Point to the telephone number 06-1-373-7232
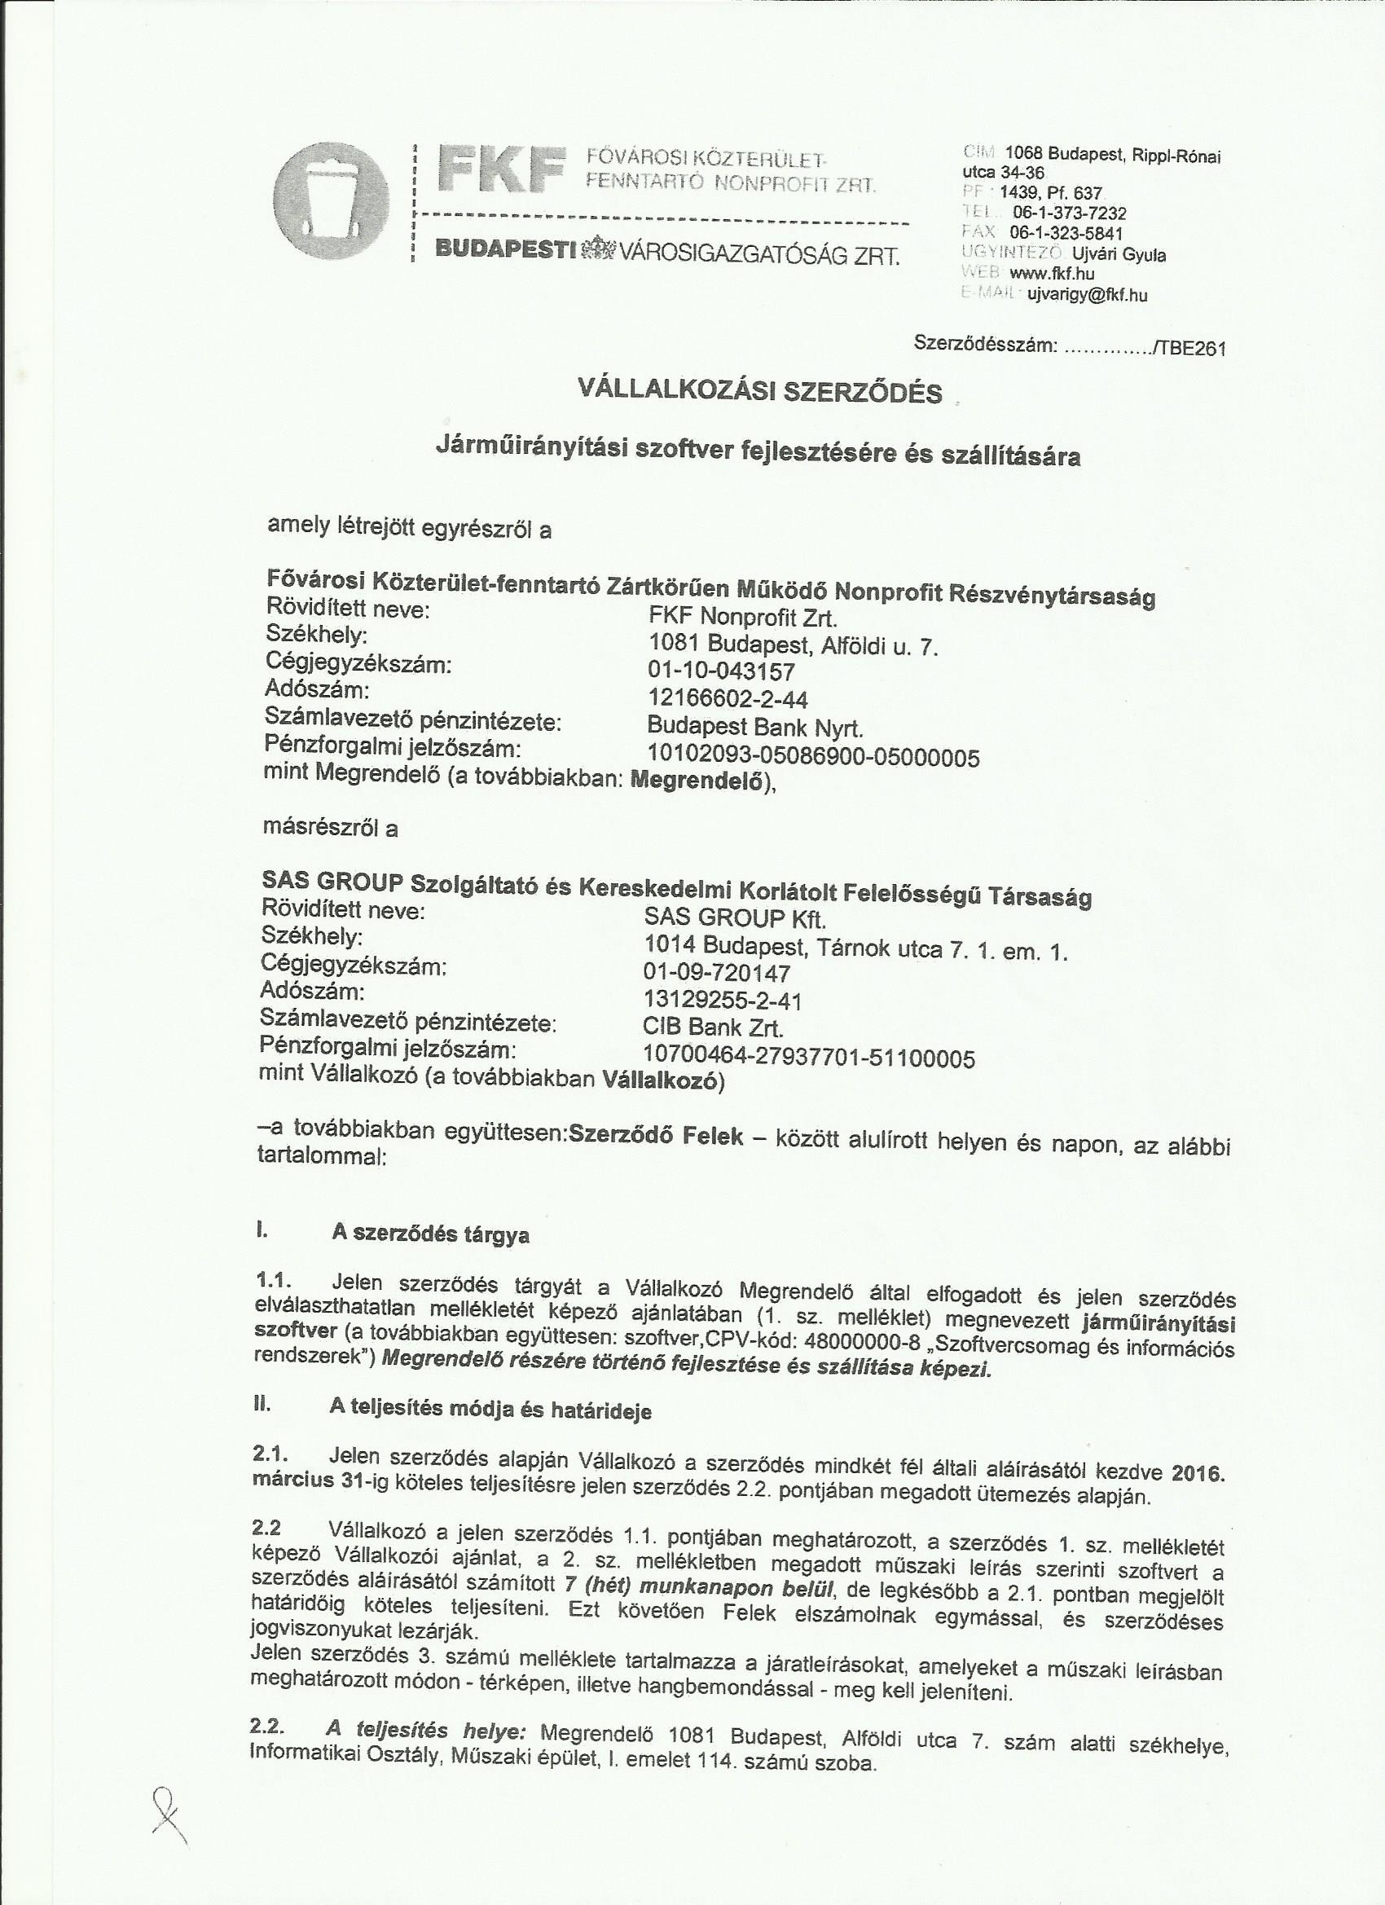[x=1069, y=213]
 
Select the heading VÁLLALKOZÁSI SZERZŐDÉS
[x=758, y=391]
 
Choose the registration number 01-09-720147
[x=716, y=974]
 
